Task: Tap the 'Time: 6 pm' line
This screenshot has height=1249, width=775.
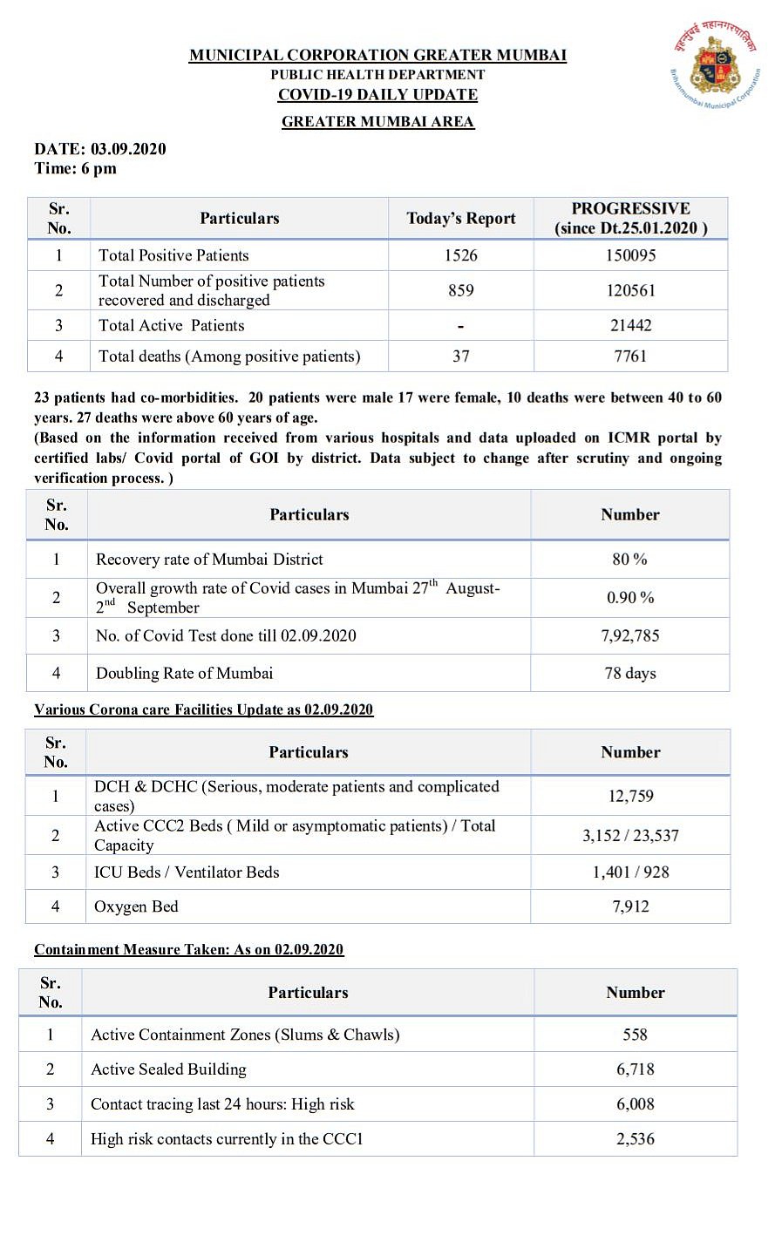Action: (75, 168)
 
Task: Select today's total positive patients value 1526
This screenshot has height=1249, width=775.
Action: (460, 255)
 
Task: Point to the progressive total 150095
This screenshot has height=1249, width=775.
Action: (630, 255)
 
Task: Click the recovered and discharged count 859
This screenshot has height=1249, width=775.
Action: (460, 290)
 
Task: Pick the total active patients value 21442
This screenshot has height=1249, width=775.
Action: (630, 325)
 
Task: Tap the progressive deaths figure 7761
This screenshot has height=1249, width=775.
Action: (630, 356)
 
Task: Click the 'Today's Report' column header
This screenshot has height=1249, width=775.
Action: (460, 219)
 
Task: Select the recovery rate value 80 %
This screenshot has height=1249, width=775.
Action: (629, 560)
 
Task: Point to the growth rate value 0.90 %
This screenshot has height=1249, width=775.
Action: (629, 598)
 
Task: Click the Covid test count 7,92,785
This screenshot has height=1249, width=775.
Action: (629, 635)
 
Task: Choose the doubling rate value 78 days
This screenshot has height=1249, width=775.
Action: (629, 673)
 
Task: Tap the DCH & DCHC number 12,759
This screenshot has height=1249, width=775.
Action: (630, 796)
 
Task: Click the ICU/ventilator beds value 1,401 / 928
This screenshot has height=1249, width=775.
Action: (630, 872)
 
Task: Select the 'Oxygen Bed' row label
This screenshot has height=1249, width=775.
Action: (136, 906)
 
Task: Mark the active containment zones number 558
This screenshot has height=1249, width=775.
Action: (635, 1035)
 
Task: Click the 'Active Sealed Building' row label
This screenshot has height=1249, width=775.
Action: (168, 1069)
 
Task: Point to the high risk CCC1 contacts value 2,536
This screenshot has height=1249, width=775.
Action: (635, 1138)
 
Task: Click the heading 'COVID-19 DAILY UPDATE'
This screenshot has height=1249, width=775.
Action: (377, 95)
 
